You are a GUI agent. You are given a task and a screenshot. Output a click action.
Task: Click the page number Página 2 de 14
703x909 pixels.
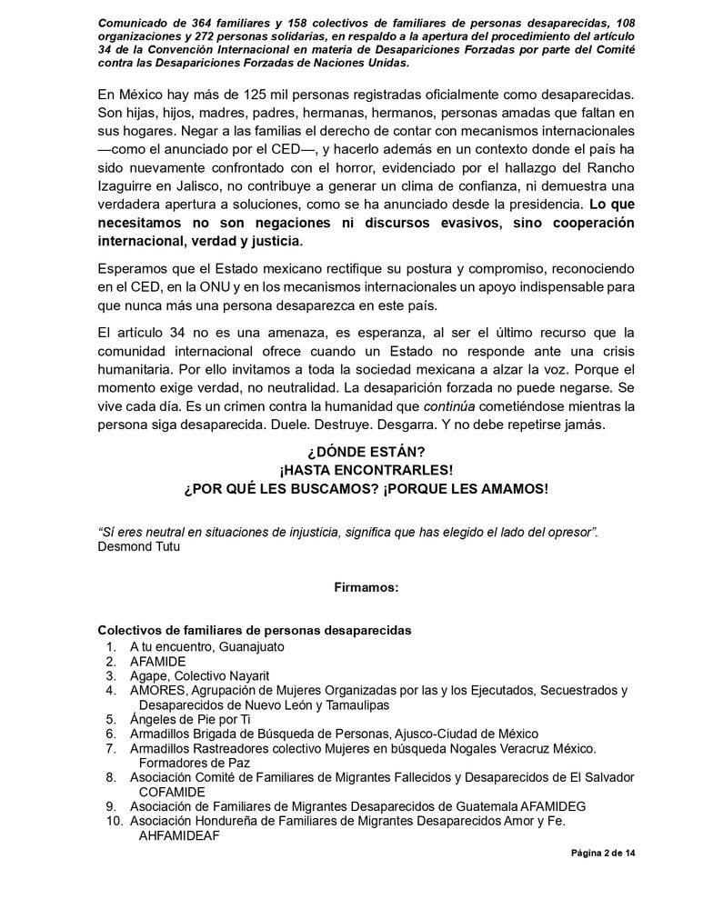pyautogui.click(x=603, y=854)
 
